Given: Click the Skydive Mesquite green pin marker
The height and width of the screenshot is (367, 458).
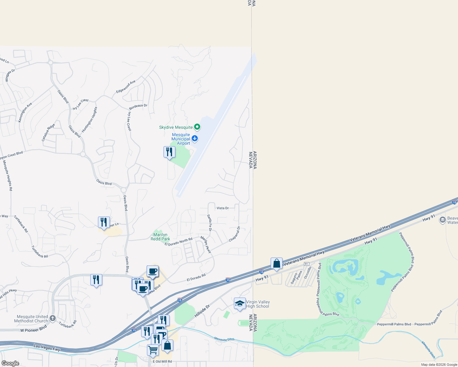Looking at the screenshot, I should [x=197, y=127].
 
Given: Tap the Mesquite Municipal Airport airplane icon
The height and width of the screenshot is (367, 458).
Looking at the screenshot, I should [x=194, y=139].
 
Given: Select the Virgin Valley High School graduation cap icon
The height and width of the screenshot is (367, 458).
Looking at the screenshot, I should [x=240, y=304].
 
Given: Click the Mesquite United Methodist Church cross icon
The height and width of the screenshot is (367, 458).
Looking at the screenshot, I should [x=53, y=318].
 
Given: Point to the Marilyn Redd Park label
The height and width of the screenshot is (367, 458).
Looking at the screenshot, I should [x=160, y=237].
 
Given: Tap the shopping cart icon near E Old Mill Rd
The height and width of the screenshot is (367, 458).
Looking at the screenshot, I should [x=153, y=350].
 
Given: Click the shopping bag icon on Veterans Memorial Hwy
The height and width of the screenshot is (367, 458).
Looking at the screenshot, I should [x=276, y=264].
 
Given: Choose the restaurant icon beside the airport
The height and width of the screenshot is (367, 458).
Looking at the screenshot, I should [x=169, y=152].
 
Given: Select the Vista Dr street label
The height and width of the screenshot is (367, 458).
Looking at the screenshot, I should [x=223, y=208].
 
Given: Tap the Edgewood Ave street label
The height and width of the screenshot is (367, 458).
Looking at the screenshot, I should [x=126, y=87].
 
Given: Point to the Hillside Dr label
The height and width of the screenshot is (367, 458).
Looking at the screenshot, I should [x=202, y=311].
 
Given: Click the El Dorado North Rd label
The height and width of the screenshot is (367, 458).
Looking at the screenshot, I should [x=178, y=242].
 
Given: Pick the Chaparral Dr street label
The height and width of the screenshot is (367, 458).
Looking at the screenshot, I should [x=235, y=234].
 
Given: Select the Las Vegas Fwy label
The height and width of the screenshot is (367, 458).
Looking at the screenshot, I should [x=47, y=348].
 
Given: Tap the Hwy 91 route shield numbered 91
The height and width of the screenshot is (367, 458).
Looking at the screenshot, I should [x=306, y=264].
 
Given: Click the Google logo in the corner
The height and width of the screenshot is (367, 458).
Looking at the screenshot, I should [x=10, y=363].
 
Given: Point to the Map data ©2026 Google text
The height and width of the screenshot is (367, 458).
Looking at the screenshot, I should [x=439, y=365].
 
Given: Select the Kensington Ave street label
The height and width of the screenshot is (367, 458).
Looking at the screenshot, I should [x=25, y=113].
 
